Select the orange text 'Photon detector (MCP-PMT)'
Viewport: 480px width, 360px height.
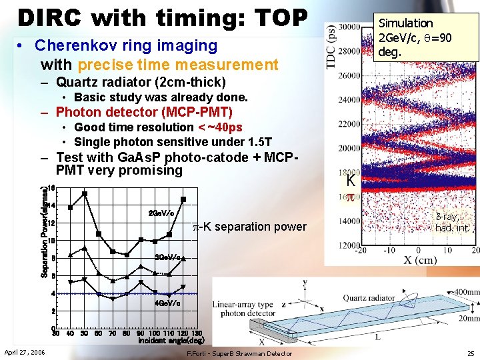(144, 111)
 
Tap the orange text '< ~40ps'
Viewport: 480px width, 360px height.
(219, 127)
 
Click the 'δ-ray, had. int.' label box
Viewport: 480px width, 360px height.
(452, 222)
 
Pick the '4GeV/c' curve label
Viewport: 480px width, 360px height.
(166, 303)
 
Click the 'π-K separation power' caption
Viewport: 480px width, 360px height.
(249, 227)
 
